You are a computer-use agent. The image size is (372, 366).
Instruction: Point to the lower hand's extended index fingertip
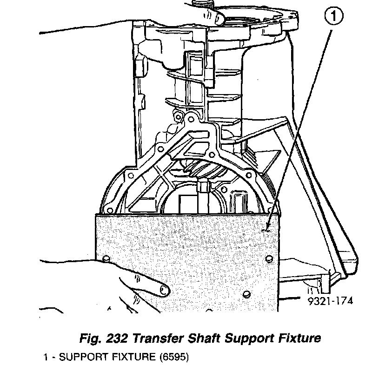pyautogui.click(x=162, y=291)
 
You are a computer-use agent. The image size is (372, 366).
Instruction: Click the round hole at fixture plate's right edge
pyautogui.click(x=270, y=259)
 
